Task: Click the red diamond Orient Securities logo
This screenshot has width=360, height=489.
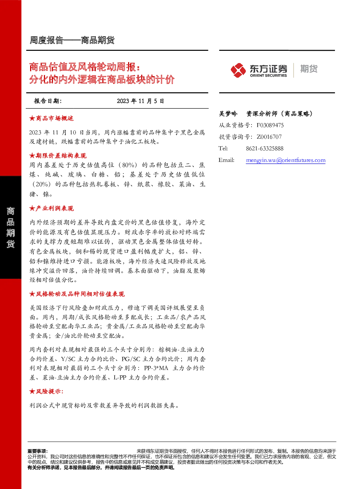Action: [238, 70]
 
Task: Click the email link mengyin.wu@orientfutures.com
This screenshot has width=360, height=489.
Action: [286, 160]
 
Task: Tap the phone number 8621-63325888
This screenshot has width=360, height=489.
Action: [265, 149]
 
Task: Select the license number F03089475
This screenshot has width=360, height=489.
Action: [270, 125]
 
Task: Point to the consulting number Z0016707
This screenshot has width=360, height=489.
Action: [269, 137]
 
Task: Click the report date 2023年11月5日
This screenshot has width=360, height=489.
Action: [140, 101]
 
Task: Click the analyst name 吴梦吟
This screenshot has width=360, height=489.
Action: [228, 114]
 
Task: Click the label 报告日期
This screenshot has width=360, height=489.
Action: [48, 101]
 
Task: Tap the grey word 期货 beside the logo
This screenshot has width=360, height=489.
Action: [309, 69]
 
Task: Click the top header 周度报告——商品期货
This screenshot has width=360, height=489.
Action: [72, 40]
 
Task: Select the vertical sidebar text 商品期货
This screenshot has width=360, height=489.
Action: [11, 227]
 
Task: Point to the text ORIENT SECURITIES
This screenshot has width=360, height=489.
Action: [268, 76]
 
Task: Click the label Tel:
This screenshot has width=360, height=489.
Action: [223, 149]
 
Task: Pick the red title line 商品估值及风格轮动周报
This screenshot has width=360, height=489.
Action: [84, 67]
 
